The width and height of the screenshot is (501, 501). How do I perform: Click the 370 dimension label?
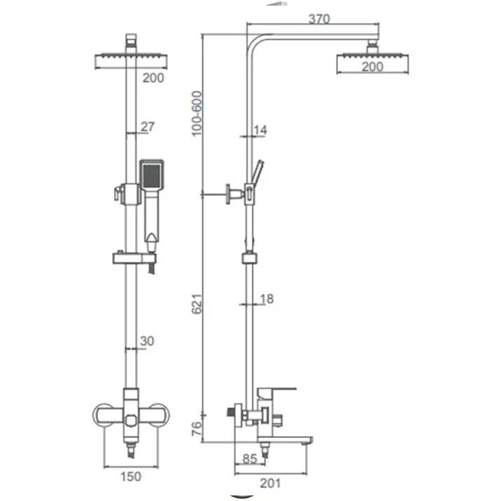click(319, 19)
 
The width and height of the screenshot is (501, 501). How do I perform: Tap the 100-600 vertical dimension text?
click(197, 114)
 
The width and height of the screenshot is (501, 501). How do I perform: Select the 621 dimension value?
click(197, 304)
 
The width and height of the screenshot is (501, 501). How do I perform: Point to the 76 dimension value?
click(197, 428)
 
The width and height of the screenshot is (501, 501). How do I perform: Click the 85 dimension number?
click(250, 459)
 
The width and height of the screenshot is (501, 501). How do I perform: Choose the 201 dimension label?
click(270, 483)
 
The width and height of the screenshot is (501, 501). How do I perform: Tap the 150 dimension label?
click(131, 477)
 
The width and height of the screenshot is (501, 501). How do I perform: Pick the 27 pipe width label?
click(148, 127)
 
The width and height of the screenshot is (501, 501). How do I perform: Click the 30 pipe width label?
click(147, 341)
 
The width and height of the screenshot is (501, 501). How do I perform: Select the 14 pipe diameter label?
click(260, 130)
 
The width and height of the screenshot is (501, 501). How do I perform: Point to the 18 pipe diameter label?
click(267, 299)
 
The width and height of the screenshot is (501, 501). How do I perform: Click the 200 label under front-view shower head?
click(153, 78)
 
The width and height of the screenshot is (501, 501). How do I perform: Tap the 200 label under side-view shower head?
click(372, 67)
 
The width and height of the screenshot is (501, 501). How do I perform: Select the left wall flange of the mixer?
click(103, 416)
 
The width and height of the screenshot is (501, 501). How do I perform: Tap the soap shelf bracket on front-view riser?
click(134, 258)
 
